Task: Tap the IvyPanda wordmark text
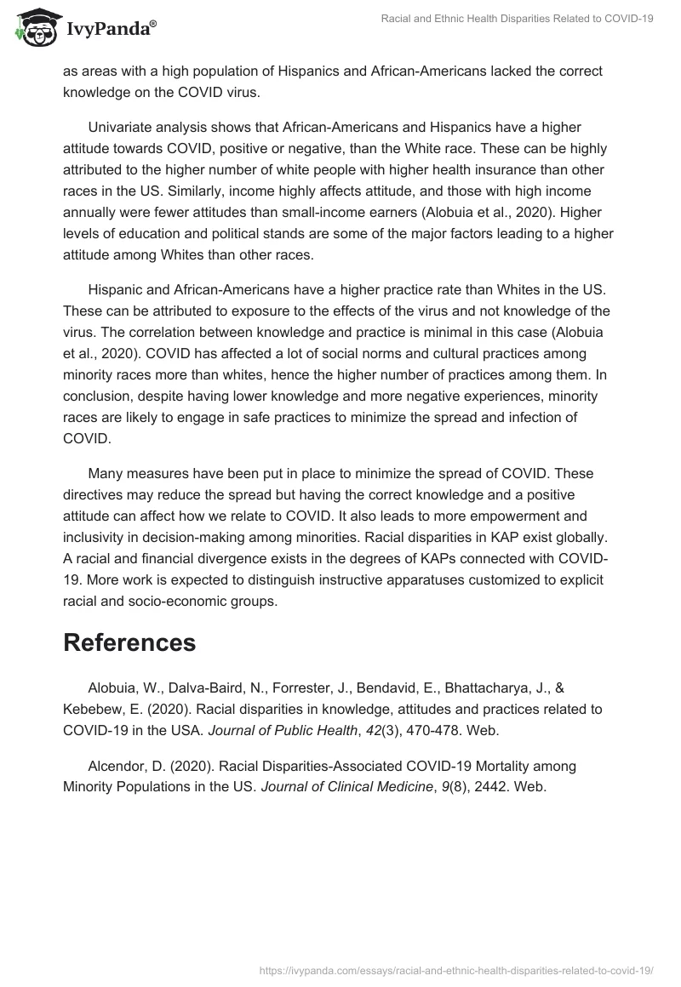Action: (x=111, y=31)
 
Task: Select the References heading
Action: (x=129, y=642)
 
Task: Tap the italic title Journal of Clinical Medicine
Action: (x=346, y=786)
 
